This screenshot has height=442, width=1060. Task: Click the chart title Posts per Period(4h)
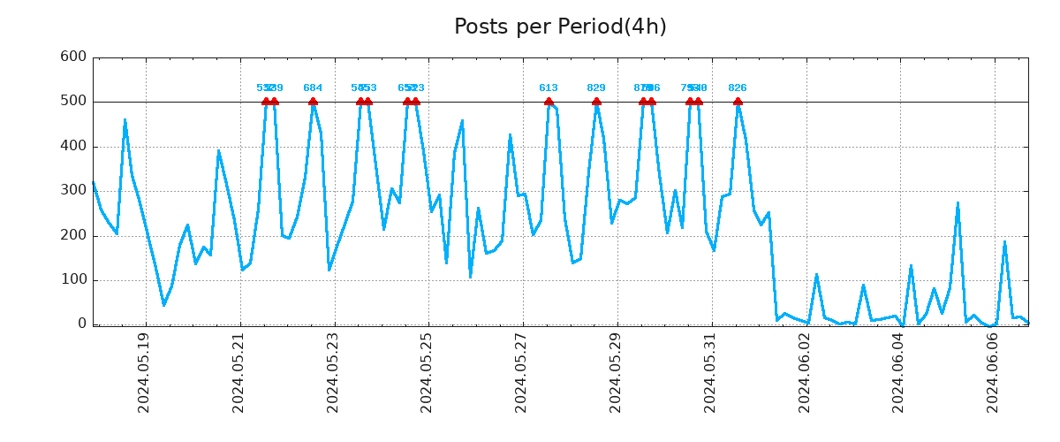(560, 27)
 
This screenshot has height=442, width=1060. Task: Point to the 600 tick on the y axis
(72, 57)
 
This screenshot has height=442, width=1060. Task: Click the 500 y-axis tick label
(72, 102)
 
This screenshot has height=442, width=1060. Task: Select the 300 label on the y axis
(72, 191)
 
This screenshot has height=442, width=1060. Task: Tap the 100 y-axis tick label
(72, 280)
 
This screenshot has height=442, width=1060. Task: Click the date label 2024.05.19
(144, 372)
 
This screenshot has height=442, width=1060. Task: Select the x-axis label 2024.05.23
(333, 372)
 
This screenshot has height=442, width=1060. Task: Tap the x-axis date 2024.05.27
(522, 372)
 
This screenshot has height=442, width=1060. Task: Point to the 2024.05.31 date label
(710, 372)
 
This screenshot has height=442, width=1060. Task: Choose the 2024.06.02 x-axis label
(805, 372)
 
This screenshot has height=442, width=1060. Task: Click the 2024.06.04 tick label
(899, 372)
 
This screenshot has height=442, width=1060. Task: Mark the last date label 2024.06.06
(994, 372)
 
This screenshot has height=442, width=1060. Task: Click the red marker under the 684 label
(313, 102)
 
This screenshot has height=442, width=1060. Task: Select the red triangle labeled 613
(549, 102)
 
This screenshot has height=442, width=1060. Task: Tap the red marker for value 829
(596, 102)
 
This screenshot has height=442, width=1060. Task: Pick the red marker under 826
(738, 102)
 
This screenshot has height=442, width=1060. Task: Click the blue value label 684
(313, 88)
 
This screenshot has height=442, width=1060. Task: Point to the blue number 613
(549, 88)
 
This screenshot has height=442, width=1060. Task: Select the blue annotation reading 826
(738, 88)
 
